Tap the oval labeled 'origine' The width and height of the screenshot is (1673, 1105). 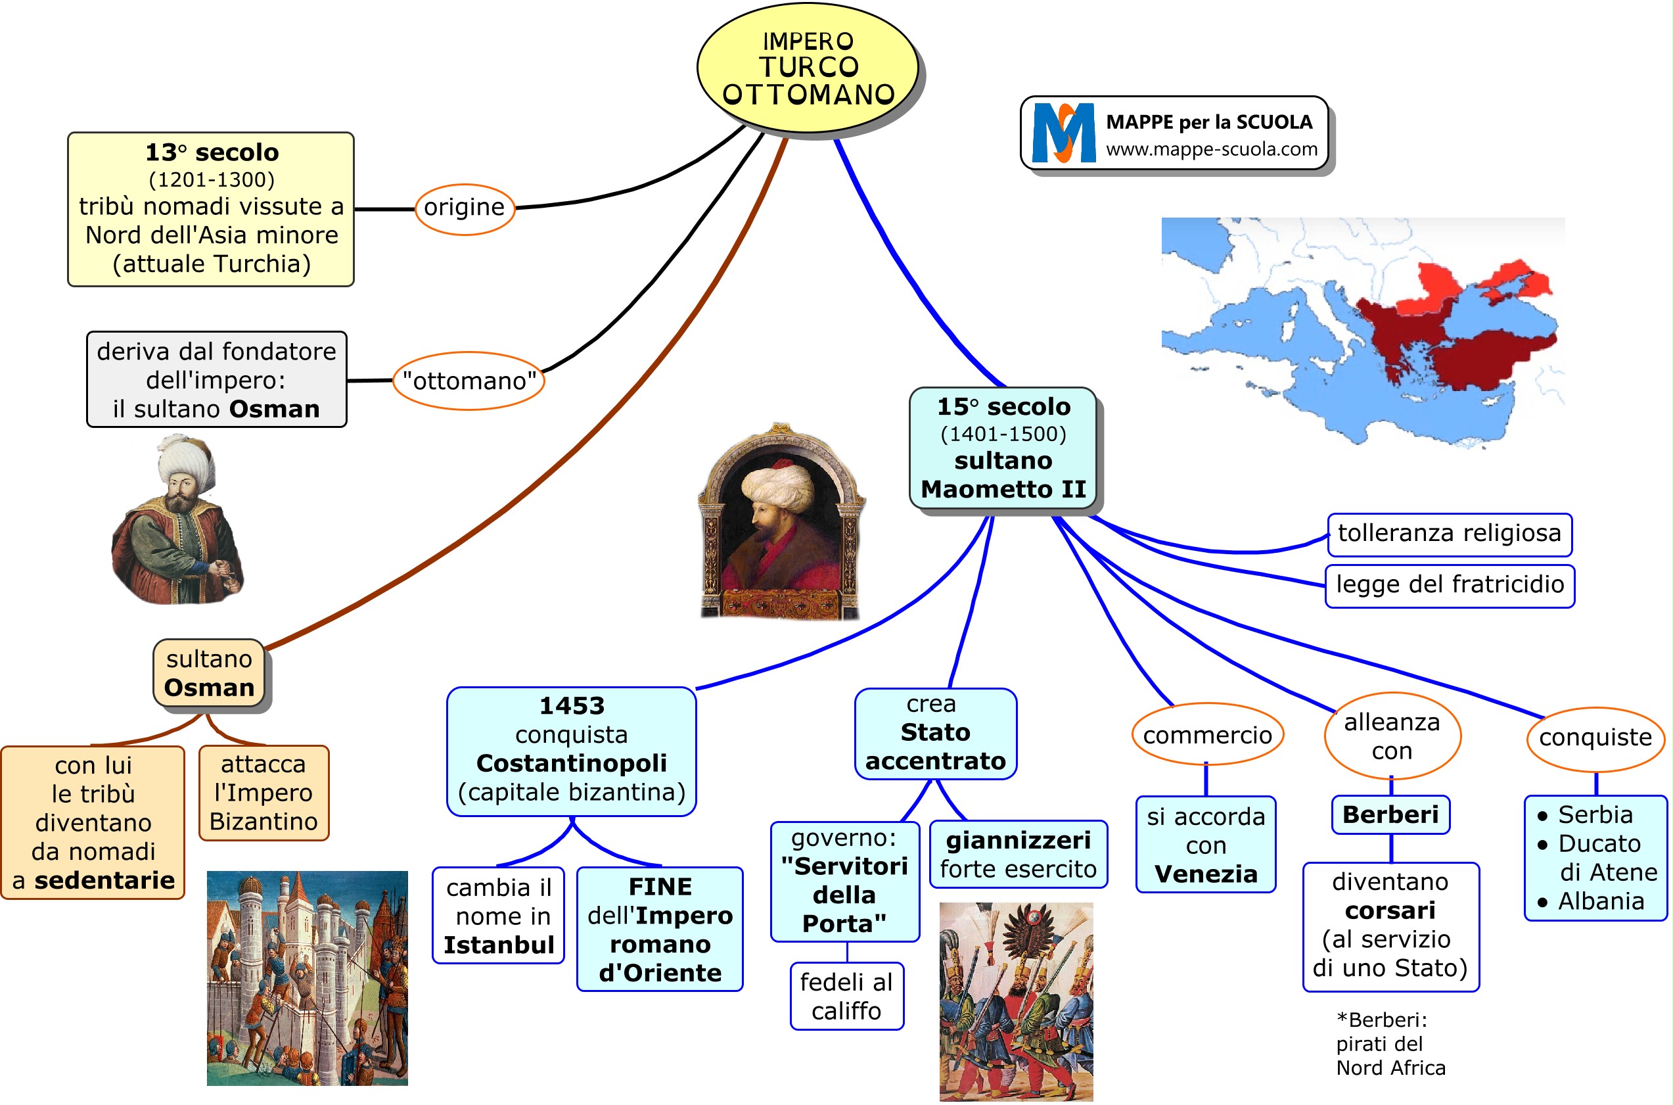[x=464, y=208]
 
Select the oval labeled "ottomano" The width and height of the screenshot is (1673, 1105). [x=469, y=381]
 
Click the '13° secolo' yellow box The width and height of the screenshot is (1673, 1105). [x=211, y=208]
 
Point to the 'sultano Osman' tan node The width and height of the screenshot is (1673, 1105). [x=209, y=674]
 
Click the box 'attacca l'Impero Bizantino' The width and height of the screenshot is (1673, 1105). [x=264, y=793]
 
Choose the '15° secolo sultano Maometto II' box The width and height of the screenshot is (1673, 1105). [x=1003, y=448]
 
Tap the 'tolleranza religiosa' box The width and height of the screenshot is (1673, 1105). [x=1449, y=534]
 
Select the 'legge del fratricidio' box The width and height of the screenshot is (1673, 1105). [x=1449, y=585]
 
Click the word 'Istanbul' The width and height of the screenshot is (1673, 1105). [x=499, y=945]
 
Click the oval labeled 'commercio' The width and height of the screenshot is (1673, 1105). [x=1206, y=735]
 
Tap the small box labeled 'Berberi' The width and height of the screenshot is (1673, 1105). [x=1390, y=814]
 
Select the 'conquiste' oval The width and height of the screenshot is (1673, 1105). [x=1595, y=738]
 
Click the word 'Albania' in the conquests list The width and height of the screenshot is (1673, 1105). [x=1601, y=901]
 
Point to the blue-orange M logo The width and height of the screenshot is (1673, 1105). [x=1063, y=133]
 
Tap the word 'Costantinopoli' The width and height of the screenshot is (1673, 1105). [x=571, y=763]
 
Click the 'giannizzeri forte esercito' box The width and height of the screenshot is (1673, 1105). [x=1018, y=854]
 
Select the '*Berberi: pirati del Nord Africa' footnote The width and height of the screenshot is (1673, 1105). [x=1390, y=1044]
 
